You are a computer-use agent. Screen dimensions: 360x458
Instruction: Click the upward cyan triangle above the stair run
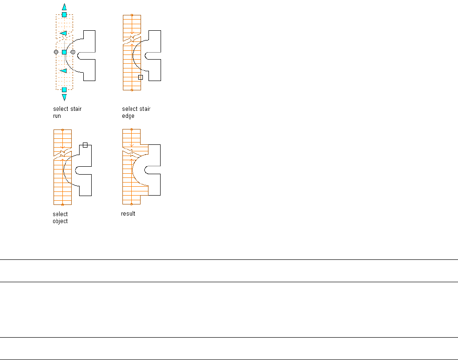click(x=64, y=7)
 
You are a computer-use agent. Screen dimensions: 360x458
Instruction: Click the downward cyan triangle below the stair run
click(x=64, y=97)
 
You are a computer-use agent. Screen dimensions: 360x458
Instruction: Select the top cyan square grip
click(x=64, y=15)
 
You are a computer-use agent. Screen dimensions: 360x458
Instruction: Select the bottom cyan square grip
click(x=64, y=89)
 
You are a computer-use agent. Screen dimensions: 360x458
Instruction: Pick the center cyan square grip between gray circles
click(x=64, y=52)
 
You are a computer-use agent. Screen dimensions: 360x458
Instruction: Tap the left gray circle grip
click(x=56, y=52)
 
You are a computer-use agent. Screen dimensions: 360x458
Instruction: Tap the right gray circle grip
click(x=73, y=52)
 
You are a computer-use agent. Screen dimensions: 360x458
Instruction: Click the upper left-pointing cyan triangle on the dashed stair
click(x=63, y=34)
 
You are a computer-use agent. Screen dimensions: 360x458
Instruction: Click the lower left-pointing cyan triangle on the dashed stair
click(x=63, y=71)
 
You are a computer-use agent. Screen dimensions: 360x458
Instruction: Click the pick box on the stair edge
click(x=141, y=77)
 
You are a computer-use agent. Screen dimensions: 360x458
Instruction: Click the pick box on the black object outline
click(x=85, y=145)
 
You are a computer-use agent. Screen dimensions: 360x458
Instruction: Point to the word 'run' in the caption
click(x=57, y=116)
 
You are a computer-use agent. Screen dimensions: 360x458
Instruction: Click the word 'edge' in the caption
click(x=128, y=116)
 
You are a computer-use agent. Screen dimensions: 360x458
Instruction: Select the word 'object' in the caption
click(x=61, y=221)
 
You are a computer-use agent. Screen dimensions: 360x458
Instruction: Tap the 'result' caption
click(x=128, y=214)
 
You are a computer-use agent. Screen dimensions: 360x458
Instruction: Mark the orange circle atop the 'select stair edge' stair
click(x=132, y=15)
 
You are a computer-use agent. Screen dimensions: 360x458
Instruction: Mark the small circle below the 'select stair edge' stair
click(x=132, y=89)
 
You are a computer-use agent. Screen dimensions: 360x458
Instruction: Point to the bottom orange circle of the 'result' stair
click(x=132, y=204)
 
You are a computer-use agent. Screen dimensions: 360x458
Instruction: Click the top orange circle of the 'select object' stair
click(x=63, y=130)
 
